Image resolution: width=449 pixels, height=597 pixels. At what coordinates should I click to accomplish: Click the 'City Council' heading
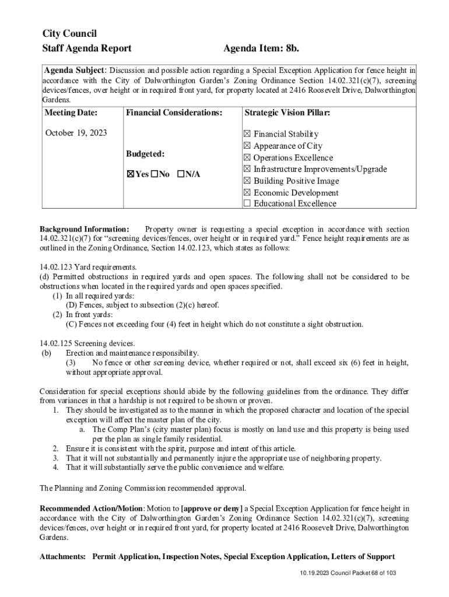69,33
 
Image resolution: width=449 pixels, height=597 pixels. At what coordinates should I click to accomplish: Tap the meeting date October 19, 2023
76,133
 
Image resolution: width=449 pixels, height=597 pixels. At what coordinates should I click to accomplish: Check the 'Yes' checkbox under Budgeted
131,174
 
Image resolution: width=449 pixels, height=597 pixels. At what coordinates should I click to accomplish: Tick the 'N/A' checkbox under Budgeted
181,174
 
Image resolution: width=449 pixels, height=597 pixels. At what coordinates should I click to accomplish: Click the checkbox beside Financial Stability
247,134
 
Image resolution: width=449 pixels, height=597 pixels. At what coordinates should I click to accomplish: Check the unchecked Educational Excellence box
247,203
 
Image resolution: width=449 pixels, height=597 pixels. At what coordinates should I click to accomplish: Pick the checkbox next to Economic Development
247,192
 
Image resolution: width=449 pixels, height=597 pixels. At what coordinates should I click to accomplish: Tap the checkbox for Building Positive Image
247,181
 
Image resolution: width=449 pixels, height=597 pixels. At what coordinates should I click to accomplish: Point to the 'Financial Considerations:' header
174,113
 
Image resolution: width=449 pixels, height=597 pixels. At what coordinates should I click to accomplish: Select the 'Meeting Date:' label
71,113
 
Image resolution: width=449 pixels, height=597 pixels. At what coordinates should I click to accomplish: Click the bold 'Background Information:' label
85,229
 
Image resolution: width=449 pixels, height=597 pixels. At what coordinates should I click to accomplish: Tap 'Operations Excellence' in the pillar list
293,157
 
